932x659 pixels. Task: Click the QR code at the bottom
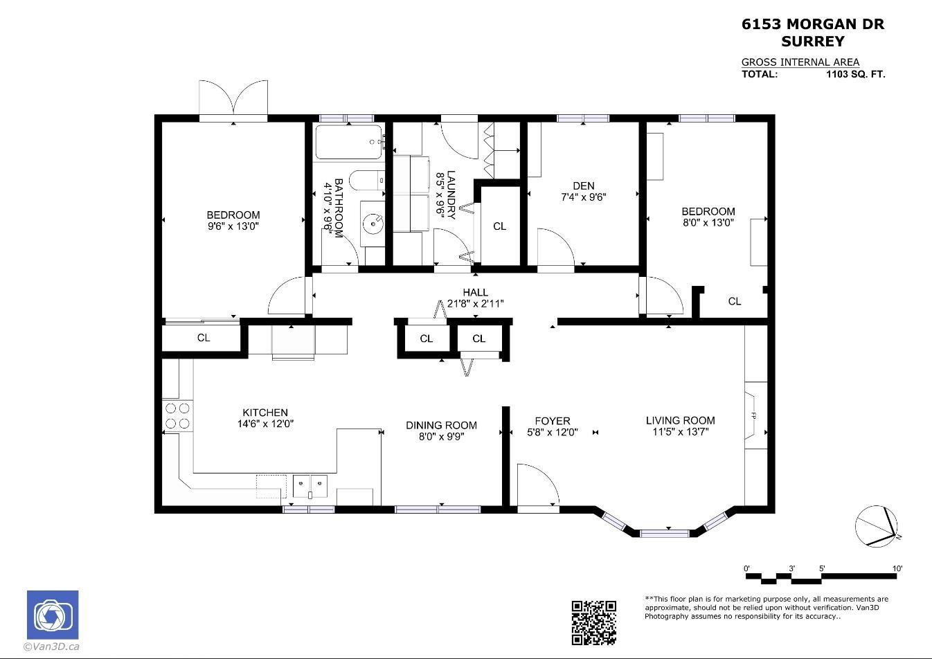pos(593,622)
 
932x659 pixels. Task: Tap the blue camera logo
pos(53,615)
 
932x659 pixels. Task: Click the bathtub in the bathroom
pos(349,143)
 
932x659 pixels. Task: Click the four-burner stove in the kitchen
pos(177,416)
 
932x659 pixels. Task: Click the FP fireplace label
pos(753,415)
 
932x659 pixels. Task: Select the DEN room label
pos(583,186)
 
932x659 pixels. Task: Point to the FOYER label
pos(553,421)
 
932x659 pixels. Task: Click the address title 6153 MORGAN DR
pos(813,24)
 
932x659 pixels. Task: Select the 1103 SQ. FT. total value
pos(855,74)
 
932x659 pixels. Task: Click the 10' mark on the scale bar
pos(897,568)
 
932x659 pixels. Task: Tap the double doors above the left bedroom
pos(233,99)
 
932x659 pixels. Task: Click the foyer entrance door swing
pos(538,486)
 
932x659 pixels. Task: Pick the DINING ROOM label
pos(441,425)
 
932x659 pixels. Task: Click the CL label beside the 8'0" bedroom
pos(735,301)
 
